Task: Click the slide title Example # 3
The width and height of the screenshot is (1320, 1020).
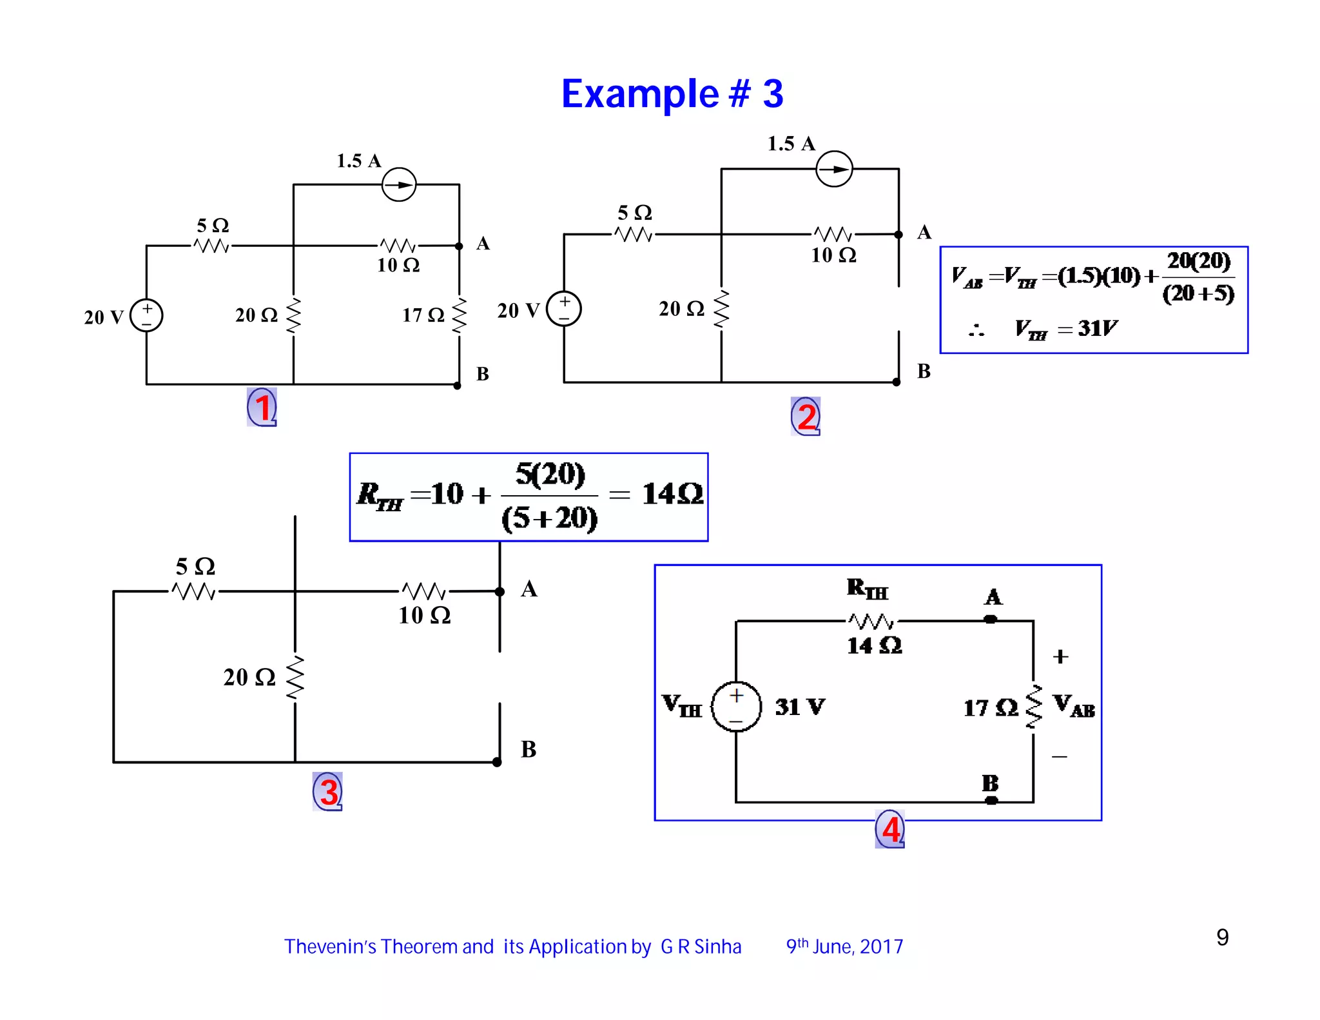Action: coord(672,94)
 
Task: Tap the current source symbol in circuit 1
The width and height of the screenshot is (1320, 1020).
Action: coord(399,185)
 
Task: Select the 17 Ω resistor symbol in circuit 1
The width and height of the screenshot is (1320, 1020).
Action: coord(459,315)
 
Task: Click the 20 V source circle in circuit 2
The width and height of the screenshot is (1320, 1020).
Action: coord(564,309)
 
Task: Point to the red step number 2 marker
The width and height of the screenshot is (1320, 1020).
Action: coord(806,417)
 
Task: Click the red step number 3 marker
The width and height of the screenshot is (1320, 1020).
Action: coord(328,792)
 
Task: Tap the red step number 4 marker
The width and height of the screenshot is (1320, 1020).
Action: coord(890,829)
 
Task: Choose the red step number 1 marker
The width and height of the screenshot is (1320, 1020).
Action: coord(262,407)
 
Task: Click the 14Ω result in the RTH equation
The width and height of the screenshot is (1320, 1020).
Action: coord(672,495)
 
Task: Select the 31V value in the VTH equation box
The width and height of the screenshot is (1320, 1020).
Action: coord(1097,329)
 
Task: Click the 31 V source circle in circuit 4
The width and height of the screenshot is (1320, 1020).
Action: coord(736,707)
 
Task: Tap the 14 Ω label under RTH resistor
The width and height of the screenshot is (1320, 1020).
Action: coord(874,645)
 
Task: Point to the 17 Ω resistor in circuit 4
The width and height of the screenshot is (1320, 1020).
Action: coord(1034,707)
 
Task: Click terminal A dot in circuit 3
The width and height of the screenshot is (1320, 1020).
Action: coord(500,592)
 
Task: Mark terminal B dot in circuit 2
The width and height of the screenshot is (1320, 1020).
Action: coord(896,382)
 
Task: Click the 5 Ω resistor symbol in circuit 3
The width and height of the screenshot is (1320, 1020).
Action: coord(194,591)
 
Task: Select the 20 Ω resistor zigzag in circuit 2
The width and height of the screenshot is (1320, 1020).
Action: coord(721,309)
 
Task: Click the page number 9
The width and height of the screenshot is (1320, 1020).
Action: coord(1222,937)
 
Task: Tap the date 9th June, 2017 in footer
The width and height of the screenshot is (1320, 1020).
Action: coord(844,946)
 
